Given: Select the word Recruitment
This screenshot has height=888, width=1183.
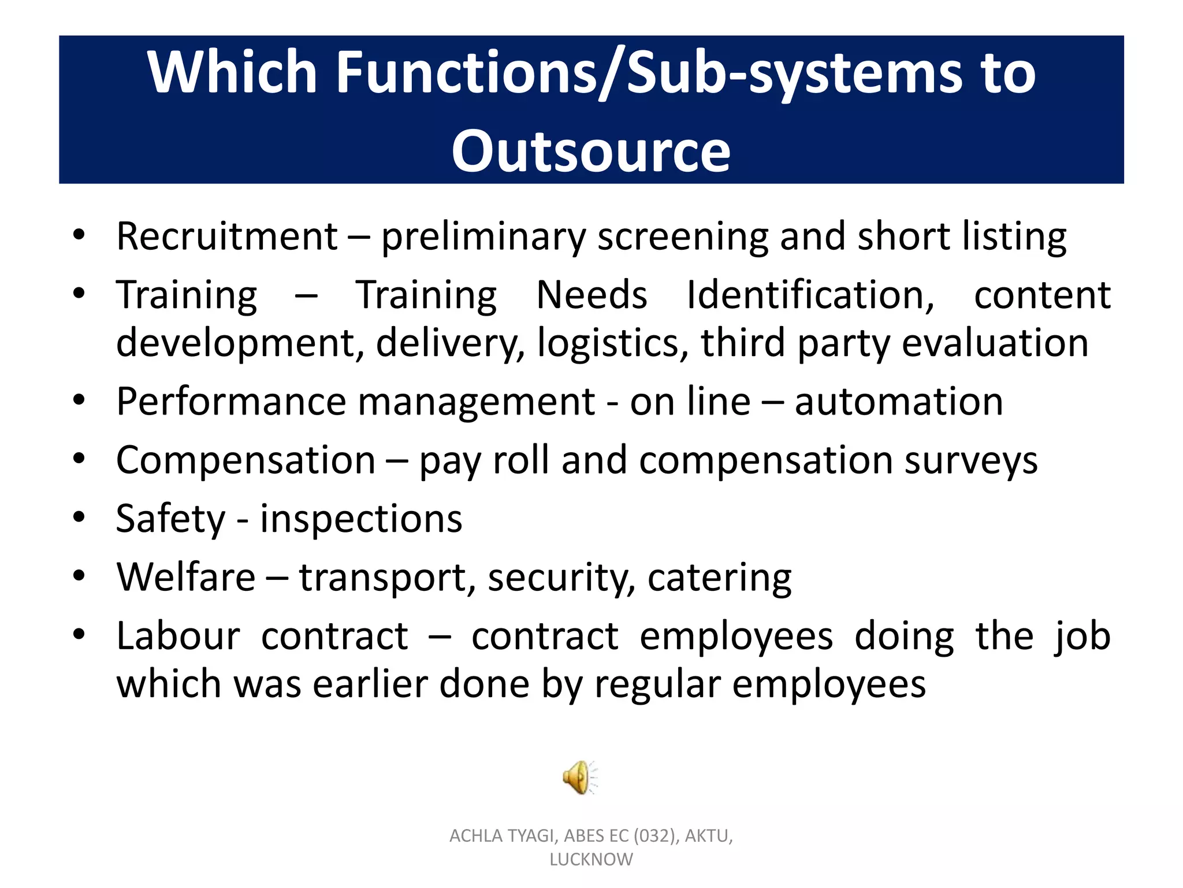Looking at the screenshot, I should (226, 236).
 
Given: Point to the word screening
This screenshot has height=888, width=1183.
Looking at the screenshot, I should (682, 238).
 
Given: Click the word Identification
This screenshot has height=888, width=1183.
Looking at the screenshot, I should (810, 295).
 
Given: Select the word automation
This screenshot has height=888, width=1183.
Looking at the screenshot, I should (899, 402).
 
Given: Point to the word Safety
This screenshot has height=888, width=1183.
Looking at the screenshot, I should (171, 519).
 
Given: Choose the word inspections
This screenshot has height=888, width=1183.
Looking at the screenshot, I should (361, 519).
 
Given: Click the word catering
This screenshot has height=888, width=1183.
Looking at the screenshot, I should (719, 578).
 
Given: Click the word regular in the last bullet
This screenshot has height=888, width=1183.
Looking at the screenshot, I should (657, 685).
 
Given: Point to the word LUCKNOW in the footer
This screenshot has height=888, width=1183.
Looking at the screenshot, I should (591, 860).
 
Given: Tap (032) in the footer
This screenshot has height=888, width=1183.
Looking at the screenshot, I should (655, 836).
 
